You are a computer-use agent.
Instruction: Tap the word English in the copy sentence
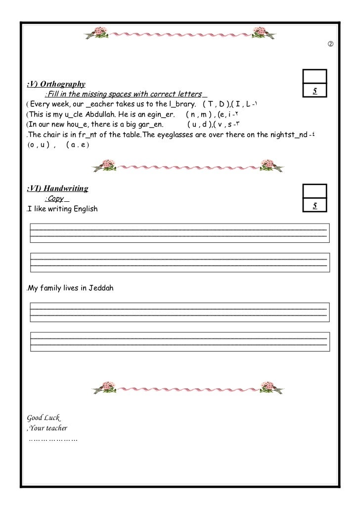tap(85, 209)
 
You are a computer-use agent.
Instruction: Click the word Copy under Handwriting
tap(56, 199)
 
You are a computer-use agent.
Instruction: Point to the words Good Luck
tap(45, 417)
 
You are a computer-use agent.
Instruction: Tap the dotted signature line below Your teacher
tap(53, 439)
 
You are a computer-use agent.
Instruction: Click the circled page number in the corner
tap(330, 46)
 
